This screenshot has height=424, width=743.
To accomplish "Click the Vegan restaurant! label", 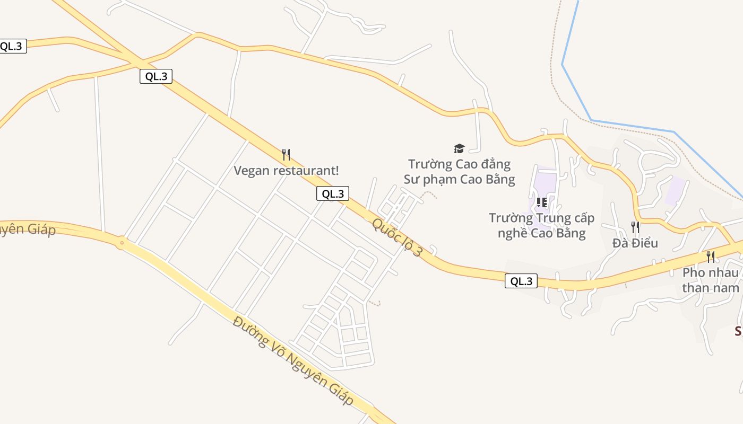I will pyautogui.click(x=286, y=171).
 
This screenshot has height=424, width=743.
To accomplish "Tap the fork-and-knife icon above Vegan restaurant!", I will pyautogui.click(x=286, y=155).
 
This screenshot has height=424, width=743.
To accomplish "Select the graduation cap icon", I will pyautogui.click(x=459, y=148).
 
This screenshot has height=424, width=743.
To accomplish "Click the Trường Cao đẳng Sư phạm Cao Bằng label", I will pyautogui.click(x=459, y=172).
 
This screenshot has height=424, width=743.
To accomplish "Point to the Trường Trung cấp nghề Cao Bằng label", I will pyautogui.click(x=541, y=226).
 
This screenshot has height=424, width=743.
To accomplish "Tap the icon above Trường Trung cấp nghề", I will pyautogui.click(x=541, y=202).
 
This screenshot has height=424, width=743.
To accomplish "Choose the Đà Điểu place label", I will pyautogui.click(x=635, y=243).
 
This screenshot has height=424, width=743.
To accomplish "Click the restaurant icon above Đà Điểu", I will pyautogui.click(x=635, y=227).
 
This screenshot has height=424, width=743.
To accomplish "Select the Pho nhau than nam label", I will pyautogui.click(x=710, y=280).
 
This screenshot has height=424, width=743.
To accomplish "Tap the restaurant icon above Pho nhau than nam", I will pyautogui.click(x=710, y=257).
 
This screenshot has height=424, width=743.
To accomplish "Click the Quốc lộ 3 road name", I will pyautogui.click(x=397, y=238).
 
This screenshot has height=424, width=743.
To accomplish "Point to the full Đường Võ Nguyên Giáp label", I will pyautogui.click(x=293, y=361).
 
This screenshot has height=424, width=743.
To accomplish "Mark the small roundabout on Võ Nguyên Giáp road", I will pyautogui.click(x=122, y=243).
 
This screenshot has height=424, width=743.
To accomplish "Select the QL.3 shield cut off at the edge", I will pyautogui.click(x=12, y=46).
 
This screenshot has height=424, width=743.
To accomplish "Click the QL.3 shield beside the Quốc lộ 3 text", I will pyautogui.click(x=333, y=193).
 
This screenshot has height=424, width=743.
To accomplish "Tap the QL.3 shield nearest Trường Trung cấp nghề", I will pyautogui.click(x=521, y=281).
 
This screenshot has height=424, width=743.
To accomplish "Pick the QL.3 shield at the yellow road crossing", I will pyautogui.click(x=156, y=76).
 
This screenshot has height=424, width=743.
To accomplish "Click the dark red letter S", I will pyautogui.click(x=738, y=332).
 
